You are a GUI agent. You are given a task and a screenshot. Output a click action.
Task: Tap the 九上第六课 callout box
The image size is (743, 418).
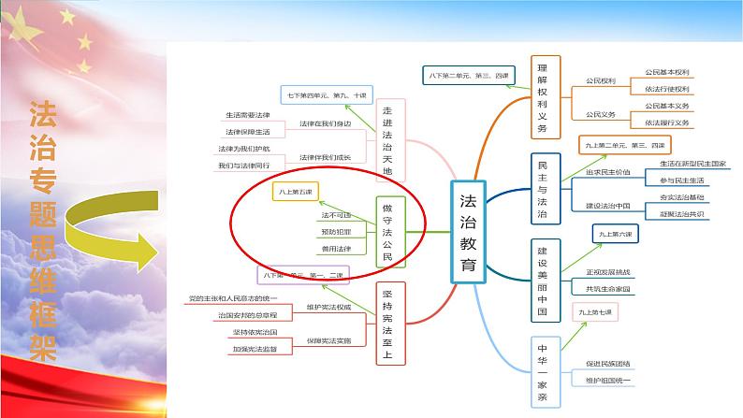pos(618,234)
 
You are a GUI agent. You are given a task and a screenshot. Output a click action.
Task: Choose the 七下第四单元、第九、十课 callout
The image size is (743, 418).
pos(326,94)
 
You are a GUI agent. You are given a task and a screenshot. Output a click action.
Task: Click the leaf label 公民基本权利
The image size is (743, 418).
pos(666,72)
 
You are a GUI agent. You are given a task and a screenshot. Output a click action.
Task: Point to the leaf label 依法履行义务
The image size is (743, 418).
pos(666,122)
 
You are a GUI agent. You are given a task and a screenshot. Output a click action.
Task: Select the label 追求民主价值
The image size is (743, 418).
pos(608,173)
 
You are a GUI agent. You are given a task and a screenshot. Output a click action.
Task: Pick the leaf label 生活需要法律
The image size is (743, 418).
pos(247,115)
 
